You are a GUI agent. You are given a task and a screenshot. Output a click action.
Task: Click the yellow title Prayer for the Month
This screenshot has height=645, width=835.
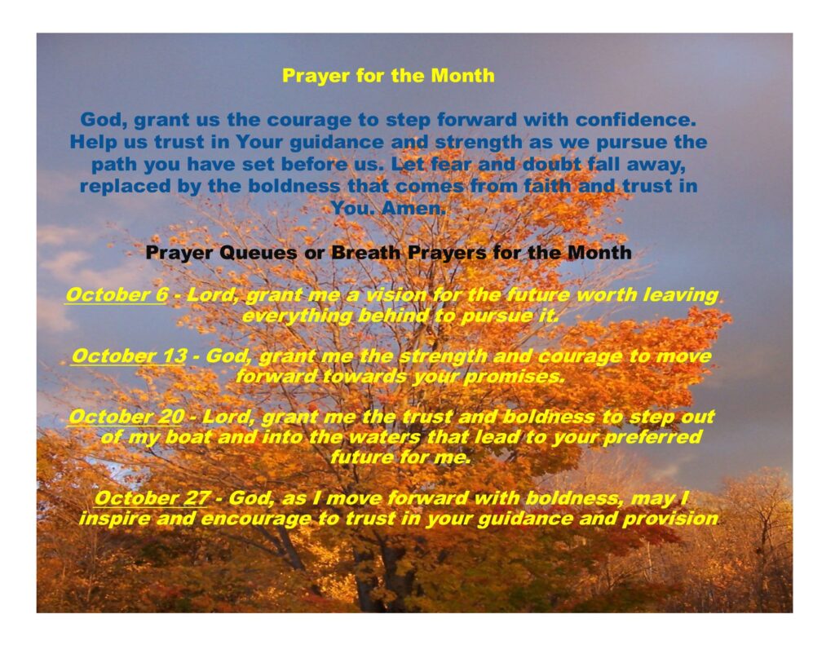pos(388,76)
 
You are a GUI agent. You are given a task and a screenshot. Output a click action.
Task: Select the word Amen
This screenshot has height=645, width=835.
pos(413,208)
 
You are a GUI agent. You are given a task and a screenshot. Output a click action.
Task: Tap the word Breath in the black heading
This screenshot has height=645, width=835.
pos(366,252)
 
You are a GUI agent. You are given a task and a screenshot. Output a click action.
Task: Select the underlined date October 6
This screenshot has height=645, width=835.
pos(116,294)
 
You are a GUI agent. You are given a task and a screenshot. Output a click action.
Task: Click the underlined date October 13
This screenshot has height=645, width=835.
pos(129,356)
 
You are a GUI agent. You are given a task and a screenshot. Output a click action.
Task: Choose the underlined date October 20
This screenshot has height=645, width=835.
pos(126,417)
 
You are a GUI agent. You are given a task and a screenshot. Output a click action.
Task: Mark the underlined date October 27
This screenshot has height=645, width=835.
pos(152,498)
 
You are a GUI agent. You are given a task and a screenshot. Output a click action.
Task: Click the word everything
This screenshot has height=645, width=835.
pos(297,316)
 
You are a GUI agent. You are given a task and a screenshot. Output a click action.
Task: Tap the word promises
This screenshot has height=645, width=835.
pos(514,377)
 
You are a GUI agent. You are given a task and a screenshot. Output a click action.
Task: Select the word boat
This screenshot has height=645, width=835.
pos(188,437)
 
